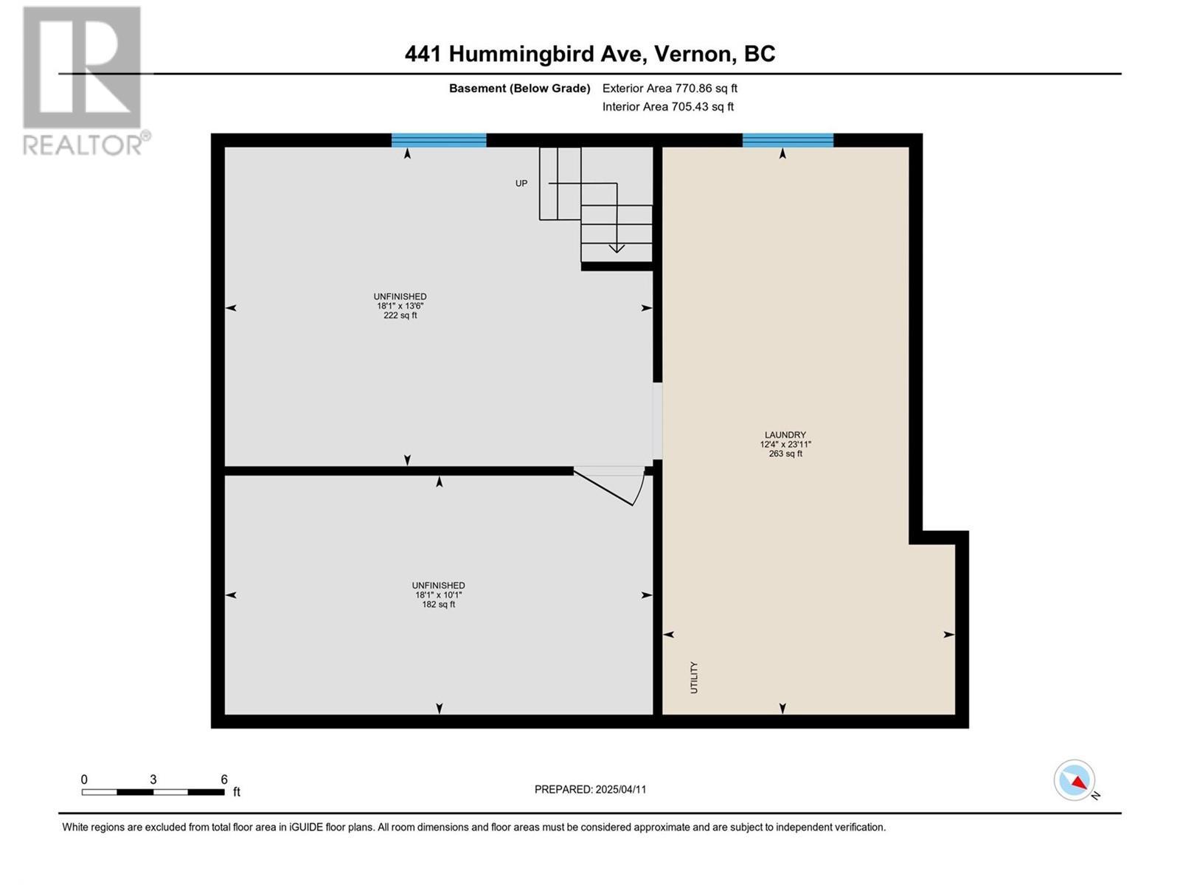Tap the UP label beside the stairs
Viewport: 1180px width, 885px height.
pyautogui.click(x=521, y=184)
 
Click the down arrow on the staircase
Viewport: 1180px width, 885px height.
pyautogui.click(x=616, y=247)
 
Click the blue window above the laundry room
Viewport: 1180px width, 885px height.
pyautogui.click(x=788, y=140)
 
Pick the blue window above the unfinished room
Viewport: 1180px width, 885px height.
pyautogui.click(x=439, y=140)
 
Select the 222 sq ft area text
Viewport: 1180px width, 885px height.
pyautogui.click(x=400, y=316)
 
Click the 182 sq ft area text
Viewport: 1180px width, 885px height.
pyautogui.click(x=439, y=605)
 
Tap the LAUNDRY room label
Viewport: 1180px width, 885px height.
pyautogui.click(x=785, y=435)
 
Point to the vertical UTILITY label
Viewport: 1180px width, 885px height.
pyautogui.click(x=694, y=677)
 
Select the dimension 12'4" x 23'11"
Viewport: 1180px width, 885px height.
pyautogui.click(x=785, y=445)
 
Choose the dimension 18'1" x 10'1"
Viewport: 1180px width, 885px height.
pyautogui.click(x=439, y=595)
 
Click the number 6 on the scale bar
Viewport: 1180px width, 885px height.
pyautogui.click(x=224, y=780)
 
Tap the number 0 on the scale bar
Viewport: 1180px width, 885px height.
pyautogui.click(x=85, y=780)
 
